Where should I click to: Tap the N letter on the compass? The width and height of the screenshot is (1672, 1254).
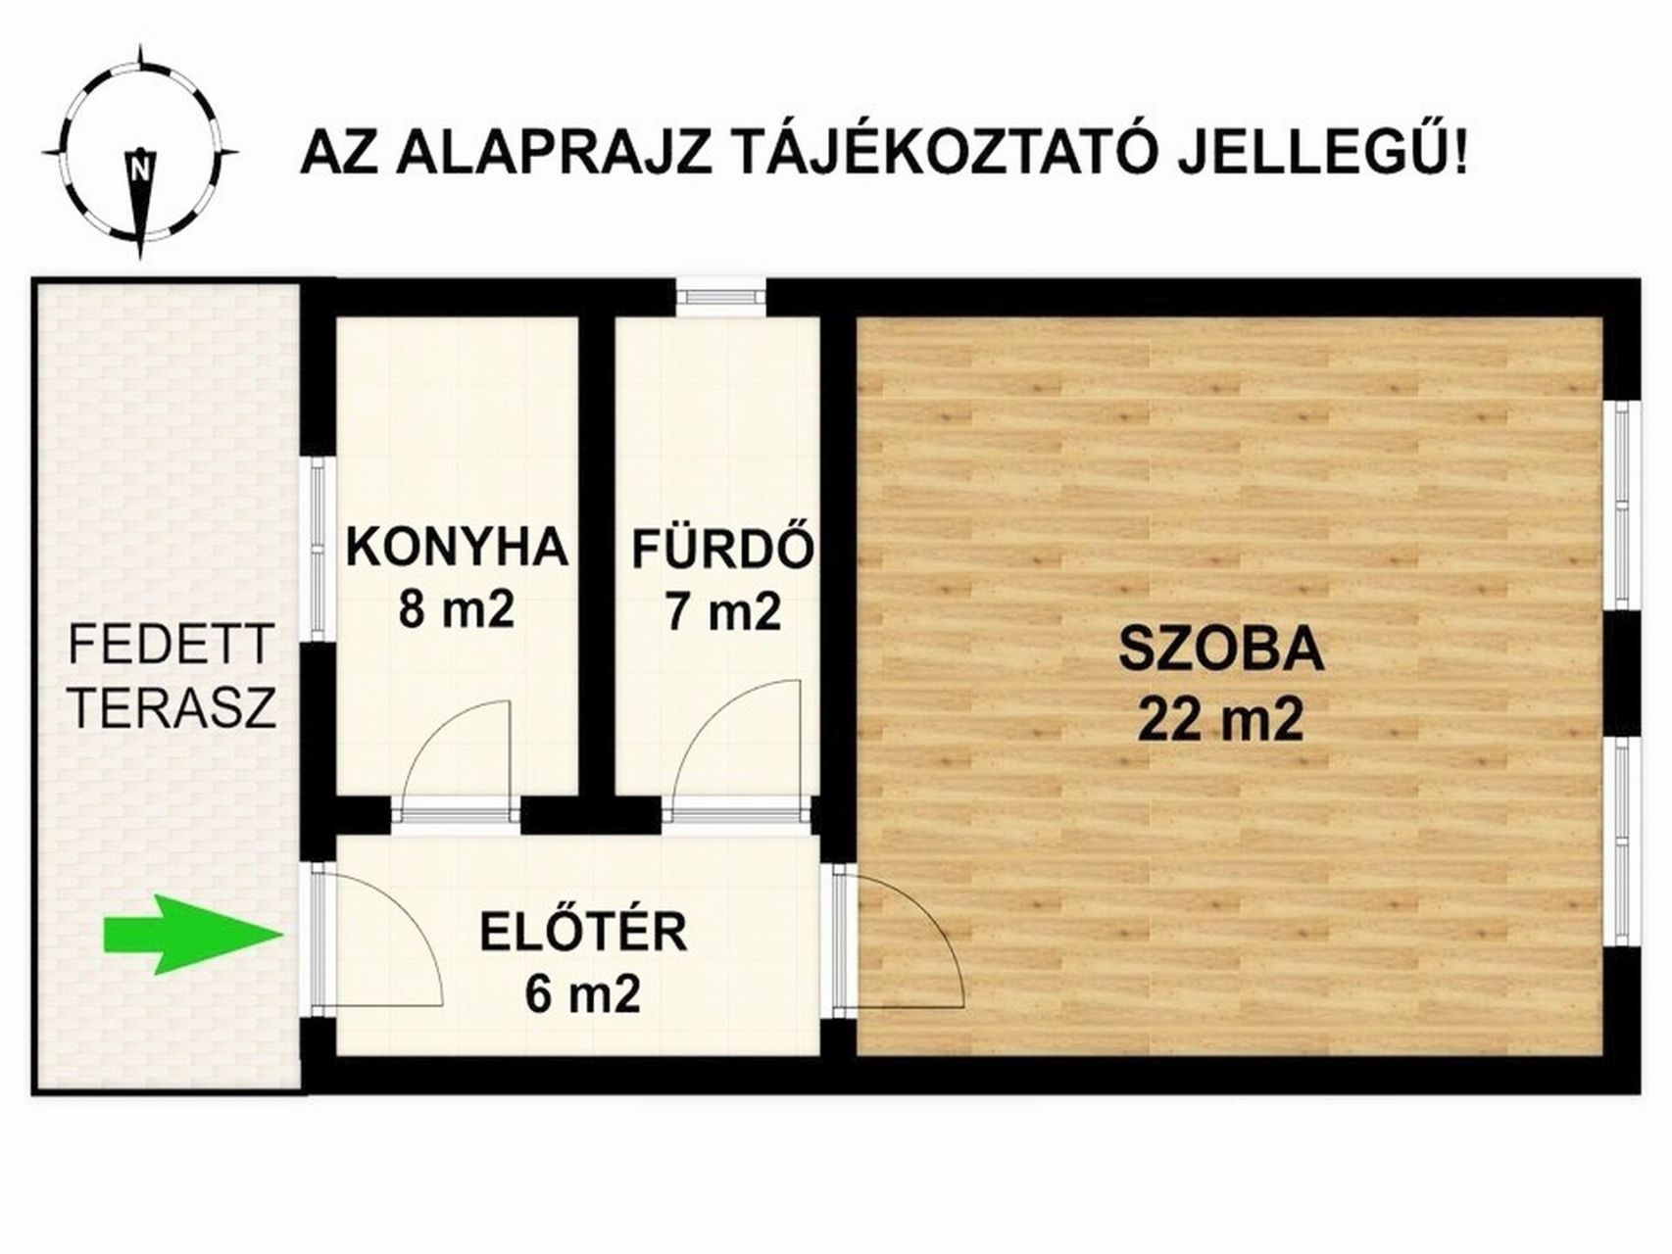tap(141, 167)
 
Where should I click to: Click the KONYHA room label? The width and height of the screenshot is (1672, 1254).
tap(457, 548)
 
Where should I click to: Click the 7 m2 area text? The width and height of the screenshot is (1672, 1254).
tap(723, 611)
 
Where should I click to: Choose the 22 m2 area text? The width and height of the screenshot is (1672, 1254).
tap(1221, 721)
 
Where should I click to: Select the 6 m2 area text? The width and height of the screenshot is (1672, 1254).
tap(583, 994)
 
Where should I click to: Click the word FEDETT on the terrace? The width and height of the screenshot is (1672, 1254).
tap(171, 646)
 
